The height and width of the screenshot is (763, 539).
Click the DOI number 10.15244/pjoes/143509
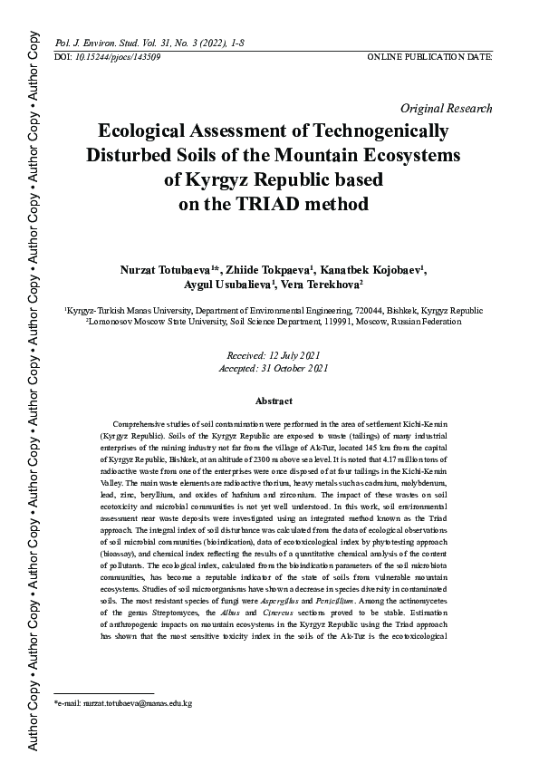118,56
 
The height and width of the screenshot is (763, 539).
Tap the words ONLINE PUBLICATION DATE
429,56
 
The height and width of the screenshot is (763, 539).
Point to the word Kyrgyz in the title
230,179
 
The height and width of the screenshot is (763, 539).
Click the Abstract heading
274,401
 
